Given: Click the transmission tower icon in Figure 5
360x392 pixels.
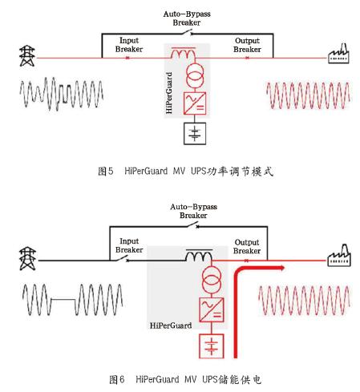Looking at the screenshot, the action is pos(27,56).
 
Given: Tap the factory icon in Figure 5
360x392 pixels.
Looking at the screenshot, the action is pos(338,54).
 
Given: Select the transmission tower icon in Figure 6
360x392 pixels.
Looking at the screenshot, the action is pos(27,258).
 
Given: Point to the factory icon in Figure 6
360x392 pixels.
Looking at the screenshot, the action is pos(339,256).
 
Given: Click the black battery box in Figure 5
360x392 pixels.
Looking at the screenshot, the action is pos(195,133).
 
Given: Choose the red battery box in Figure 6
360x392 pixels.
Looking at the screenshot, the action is pos(212,346).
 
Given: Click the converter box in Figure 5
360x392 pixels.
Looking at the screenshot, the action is pos(195,103).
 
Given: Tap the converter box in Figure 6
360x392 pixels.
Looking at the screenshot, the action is pos(212,309).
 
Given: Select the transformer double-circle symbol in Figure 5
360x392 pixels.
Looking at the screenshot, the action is pos(195,75).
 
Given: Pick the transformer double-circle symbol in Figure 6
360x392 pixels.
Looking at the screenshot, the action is pos(212,280).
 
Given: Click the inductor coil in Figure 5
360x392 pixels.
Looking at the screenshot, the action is pos(184,53).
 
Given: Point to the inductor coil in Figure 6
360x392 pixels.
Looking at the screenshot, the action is pos(199,255).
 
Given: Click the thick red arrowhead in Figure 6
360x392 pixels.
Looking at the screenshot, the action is pos(281,268).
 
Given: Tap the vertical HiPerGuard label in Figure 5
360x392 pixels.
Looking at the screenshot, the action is pos(169,93).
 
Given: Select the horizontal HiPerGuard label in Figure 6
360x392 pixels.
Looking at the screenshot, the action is pos(171,325).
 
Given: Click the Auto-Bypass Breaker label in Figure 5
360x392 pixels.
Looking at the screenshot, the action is pos(187,18).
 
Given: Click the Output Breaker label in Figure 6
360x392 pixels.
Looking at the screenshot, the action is pos(247,246).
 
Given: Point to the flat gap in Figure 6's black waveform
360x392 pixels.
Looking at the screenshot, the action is pos(63,299).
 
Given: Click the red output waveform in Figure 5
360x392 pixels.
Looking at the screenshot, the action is pos(308,95).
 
